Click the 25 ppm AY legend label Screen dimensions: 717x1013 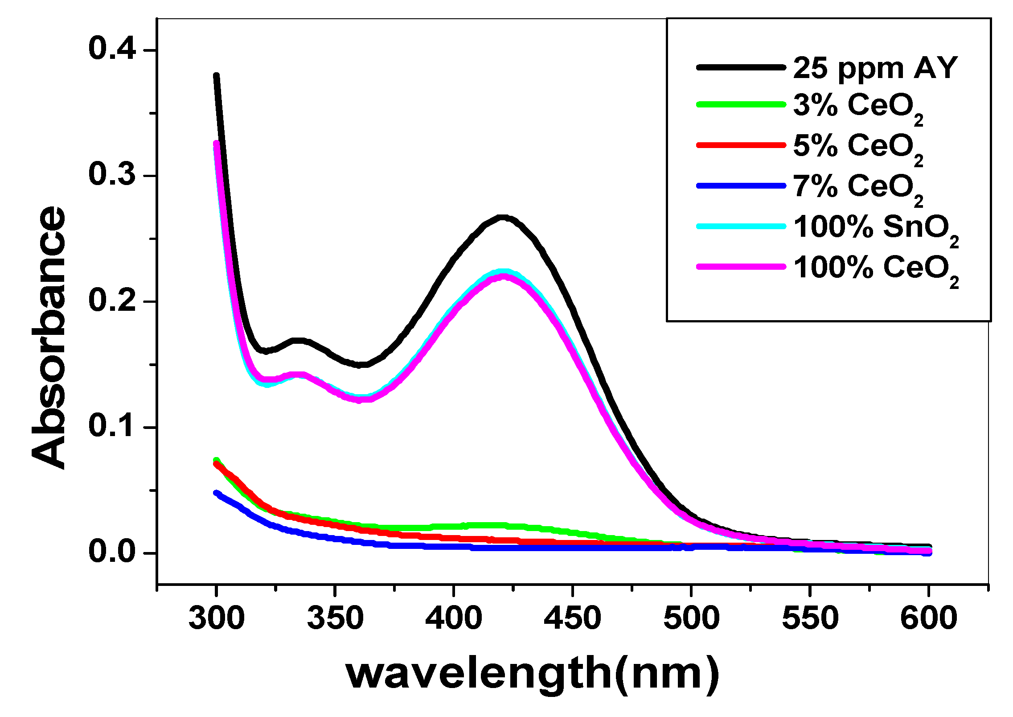[x=875, y=68]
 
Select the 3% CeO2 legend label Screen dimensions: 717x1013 [x=858, y=107]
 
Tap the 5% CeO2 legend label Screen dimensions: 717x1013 [x=858, y=147]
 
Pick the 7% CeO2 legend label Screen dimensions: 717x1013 [x=858, y=188]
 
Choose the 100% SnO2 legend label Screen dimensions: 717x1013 [x=876, y=229]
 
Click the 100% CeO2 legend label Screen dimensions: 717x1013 [x=876, y=269]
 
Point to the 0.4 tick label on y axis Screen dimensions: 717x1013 [x=112, y=49]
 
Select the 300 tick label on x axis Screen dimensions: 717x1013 [x=217, y=618]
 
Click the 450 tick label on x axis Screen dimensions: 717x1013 [x=572, y=618]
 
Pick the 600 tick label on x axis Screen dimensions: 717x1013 [x=928, y=618]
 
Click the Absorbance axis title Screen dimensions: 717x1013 [x=49, y=338]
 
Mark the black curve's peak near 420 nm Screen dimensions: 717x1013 [x=503, y=218]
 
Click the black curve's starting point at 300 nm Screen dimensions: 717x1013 [x=217, y=76]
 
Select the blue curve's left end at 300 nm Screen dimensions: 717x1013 [x=217, y=493]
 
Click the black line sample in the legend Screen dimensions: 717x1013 [x=741, y=67]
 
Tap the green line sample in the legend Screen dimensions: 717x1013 [x=741, y=104]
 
